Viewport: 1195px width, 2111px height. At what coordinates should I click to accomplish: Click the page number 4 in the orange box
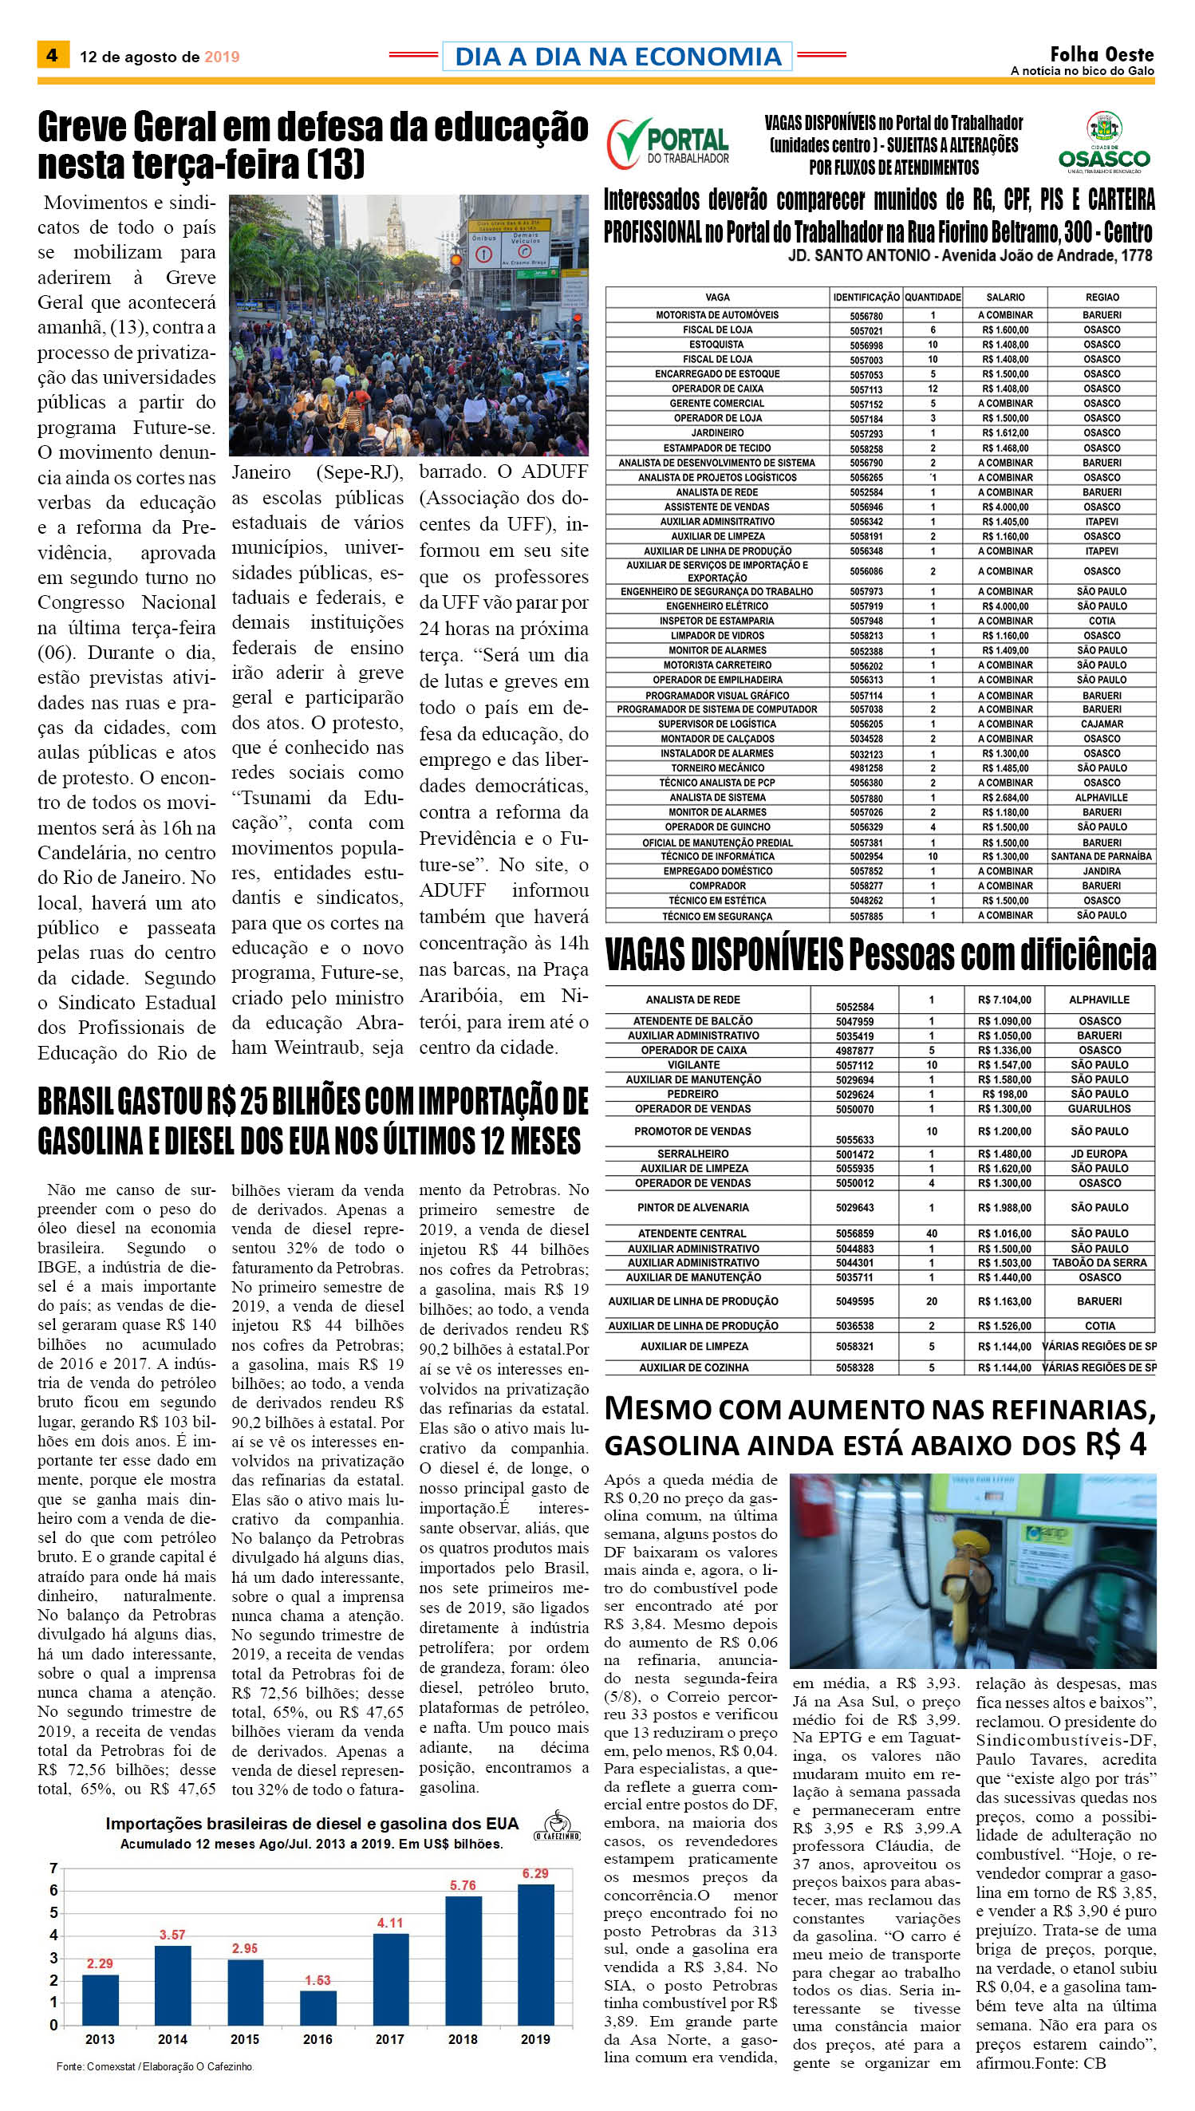(x=52, y=55)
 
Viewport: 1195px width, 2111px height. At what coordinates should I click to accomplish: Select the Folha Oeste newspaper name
(x=1102, y=54)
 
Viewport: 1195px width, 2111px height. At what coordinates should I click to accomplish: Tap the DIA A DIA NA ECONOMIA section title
(x=617, y=56)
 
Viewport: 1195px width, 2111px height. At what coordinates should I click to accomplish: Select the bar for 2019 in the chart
(x=535, y=1957)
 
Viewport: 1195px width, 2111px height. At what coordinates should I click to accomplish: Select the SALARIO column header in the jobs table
(x=1005, y=297)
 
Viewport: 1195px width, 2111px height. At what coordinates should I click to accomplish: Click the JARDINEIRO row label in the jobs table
(x=717, y=432)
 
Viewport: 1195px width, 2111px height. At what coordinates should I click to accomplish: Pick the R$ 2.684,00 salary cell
(x=1005, y=798)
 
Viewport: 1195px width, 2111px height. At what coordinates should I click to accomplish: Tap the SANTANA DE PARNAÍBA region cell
(x=1102, y=857)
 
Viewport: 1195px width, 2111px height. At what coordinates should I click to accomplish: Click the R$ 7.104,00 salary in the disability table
(x=1004, y=1000)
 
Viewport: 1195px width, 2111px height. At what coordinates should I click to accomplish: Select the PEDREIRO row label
(x=692, y=1094)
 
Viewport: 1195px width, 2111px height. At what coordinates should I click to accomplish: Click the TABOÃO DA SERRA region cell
(x=1099, y=1263)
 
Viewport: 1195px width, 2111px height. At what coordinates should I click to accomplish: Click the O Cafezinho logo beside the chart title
(x=558, y=1826)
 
